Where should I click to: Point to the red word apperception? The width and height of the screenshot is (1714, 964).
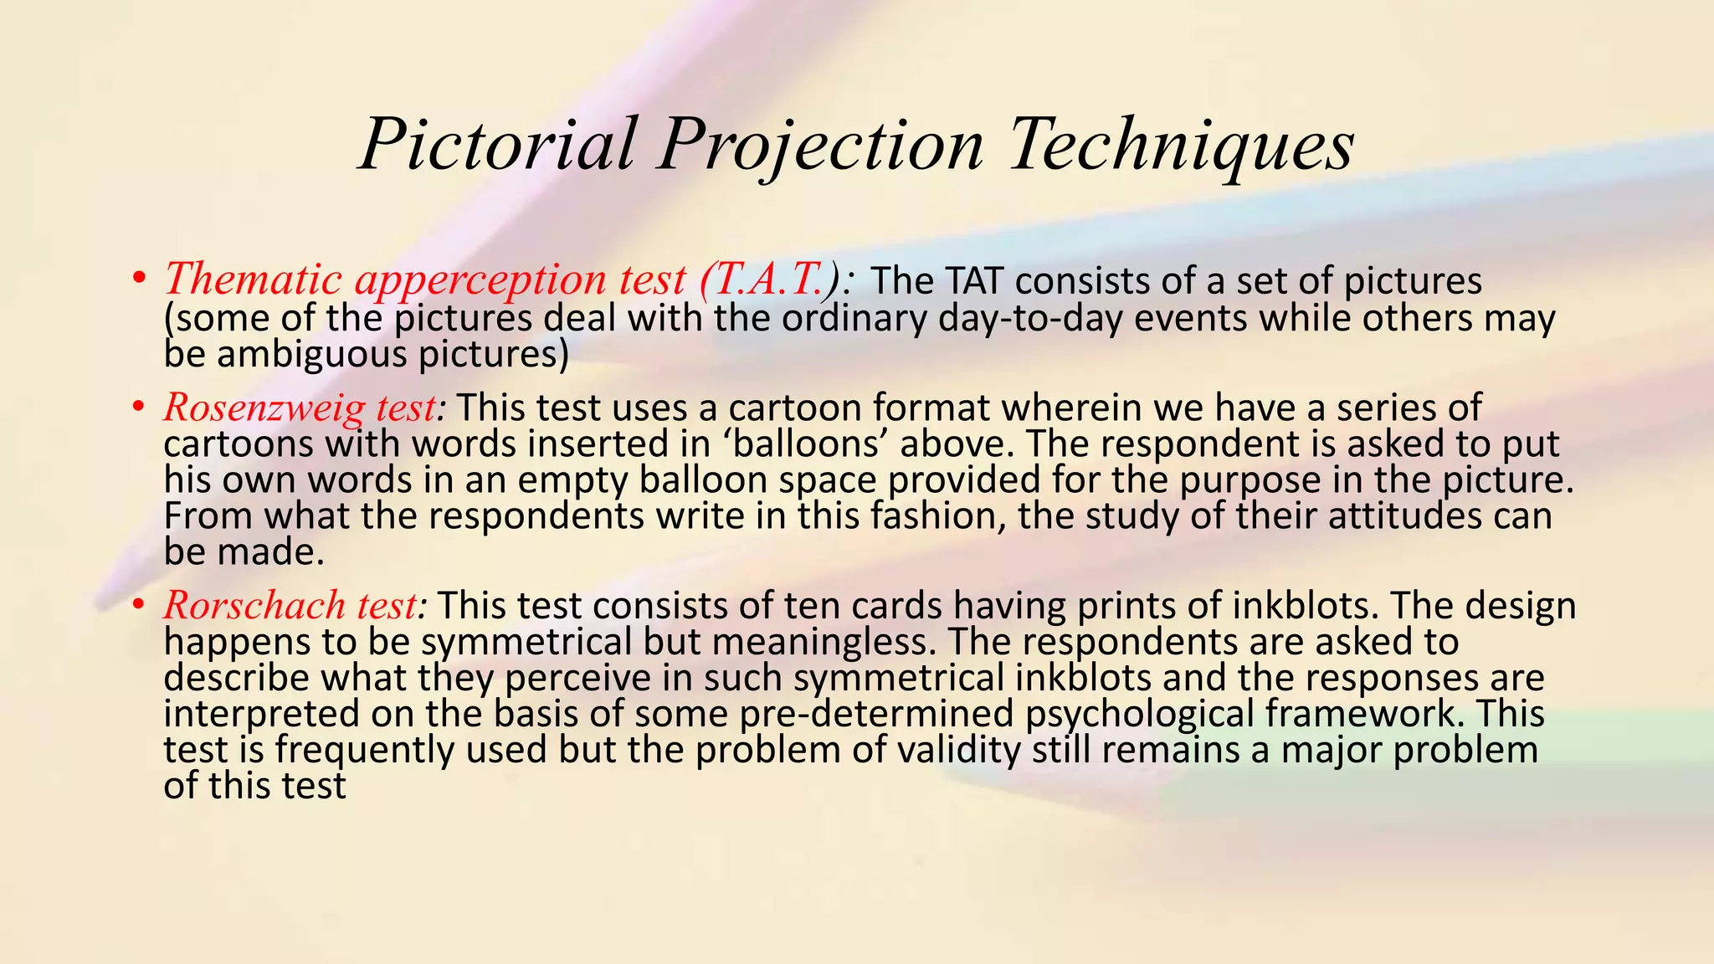tap(481, 280)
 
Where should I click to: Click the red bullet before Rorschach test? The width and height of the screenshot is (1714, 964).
tap(139, 606)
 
